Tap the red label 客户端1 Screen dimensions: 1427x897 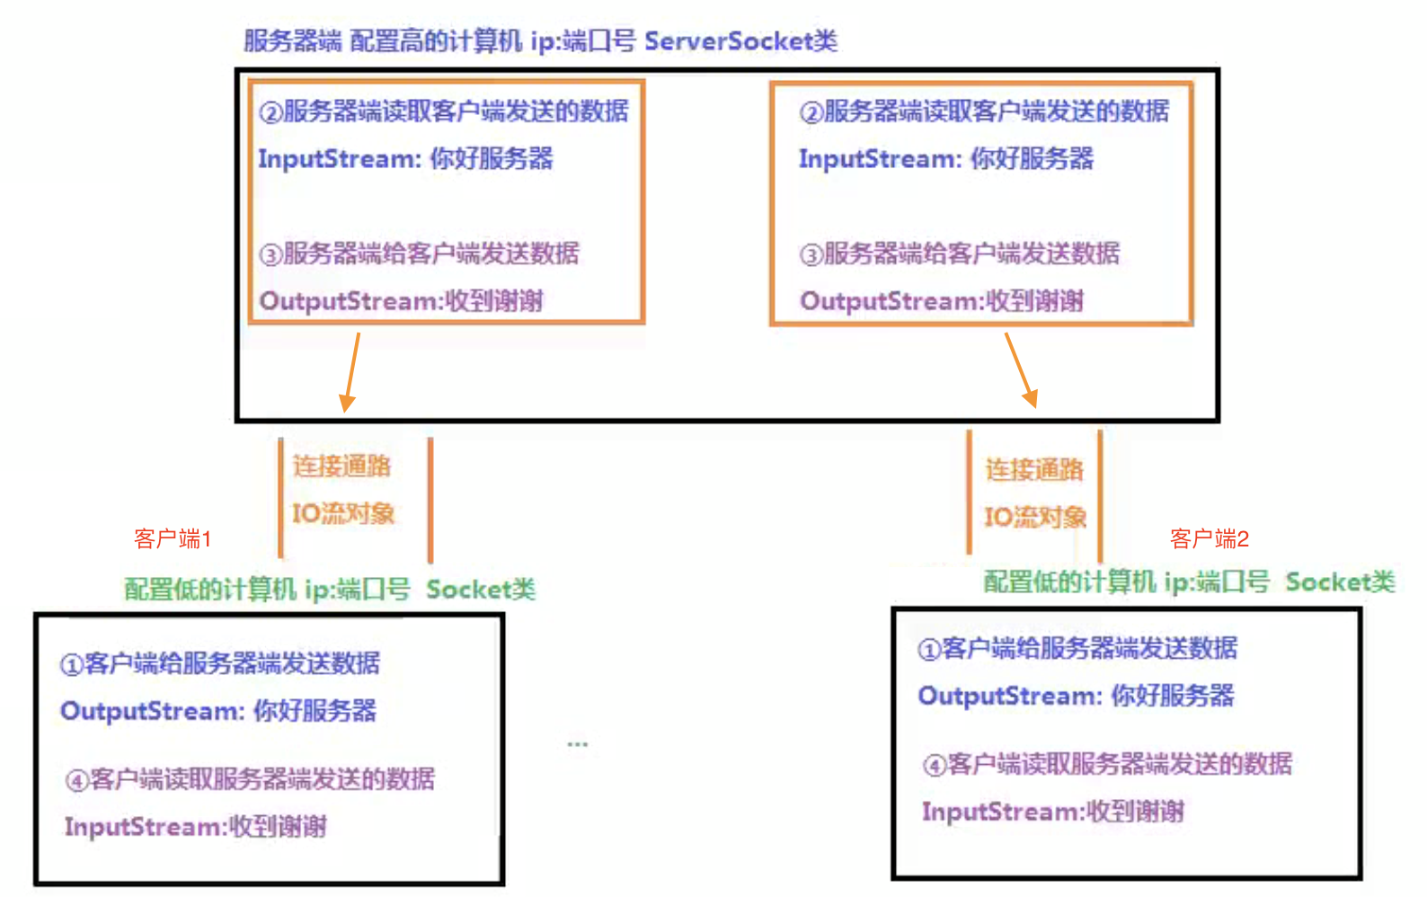173,538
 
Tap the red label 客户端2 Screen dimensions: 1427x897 1210,538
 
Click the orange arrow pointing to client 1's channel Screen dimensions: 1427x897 351,372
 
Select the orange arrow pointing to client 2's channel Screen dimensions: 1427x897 1021,369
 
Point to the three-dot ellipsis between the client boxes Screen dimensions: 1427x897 577,744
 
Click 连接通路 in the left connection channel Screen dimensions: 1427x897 341,466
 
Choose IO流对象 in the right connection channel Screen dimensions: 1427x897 1035,517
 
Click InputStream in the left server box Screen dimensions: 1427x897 340,159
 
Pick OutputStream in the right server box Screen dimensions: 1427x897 890,301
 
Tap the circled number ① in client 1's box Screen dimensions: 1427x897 71,665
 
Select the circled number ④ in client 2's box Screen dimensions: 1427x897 935,765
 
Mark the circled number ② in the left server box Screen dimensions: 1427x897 270,112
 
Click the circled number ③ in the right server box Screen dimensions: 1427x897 811,254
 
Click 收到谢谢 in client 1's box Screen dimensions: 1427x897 278,826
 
